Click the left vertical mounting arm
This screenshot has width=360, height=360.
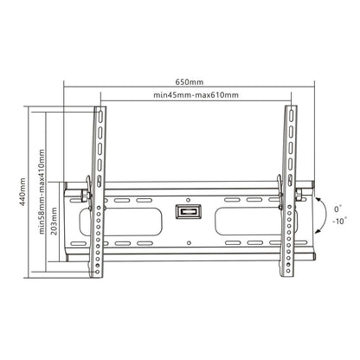click(x=100, y=190)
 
